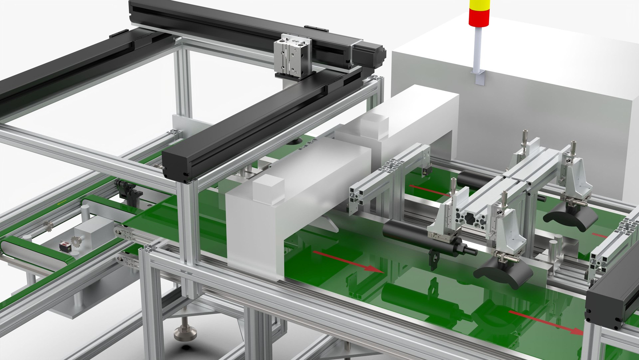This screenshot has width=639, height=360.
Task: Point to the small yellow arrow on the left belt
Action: pos(61,203)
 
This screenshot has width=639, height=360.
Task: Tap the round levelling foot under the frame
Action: pos(185,331)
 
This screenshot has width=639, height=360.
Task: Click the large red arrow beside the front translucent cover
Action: pos(348,261)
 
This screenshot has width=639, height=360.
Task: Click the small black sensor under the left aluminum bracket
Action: pos(425,171)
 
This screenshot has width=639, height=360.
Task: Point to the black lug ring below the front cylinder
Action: pos(433,260)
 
